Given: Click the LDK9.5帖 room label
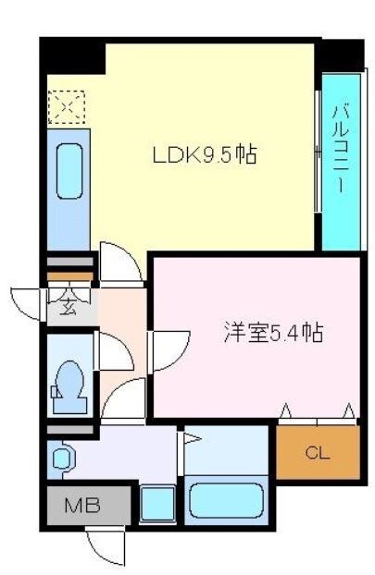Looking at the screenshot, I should (x=204, y=156).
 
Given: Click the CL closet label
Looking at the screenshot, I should (x=317, y=453).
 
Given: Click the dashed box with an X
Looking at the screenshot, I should (x=67, y=107).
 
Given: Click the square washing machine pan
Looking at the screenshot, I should (x=158, y=505).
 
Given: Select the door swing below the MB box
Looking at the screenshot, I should (x=105, y=545).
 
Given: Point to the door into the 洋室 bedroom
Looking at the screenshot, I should (x=166, y=349).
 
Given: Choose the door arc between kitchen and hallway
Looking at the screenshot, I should (x=120, y=263).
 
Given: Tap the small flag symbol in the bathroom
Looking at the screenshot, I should (x=191, y=442).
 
